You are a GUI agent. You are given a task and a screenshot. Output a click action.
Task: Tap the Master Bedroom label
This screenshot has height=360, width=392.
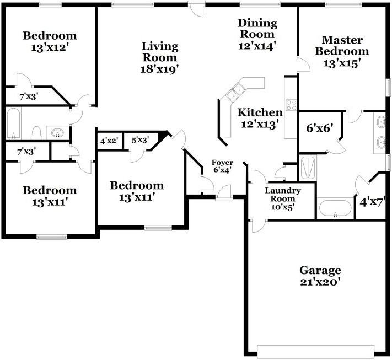(342, 46)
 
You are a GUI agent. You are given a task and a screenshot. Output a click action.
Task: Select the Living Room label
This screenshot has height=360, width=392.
(159, 51)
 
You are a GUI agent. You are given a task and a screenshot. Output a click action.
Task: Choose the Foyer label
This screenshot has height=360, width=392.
(222, 163)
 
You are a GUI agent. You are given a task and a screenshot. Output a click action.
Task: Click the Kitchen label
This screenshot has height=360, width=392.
(260, 112)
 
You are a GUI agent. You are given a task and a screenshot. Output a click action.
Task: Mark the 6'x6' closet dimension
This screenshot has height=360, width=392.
(319, 128)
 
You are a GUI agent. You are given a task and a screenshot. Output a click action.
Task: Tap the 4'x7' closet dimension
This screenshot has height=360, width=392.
(370, 202)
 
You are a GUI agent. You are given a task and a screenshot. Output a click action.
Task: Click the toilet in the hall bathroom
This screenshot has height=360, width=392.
(36, 132)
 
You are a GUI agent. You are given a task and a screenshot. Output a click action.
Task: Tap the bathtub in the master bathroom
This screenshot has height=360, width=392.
(335, 209)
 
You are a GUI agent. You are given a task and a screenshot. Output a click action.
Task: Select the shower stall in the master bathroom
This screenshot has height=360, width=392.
(308, 167)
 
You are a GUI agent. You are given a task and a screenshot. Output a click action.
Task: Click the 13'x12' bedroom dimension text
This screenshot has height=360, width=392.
(50, 47)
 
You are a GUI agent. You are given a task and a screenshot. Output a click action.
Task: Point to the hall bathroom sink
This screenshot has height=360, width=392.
(57, 132)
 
